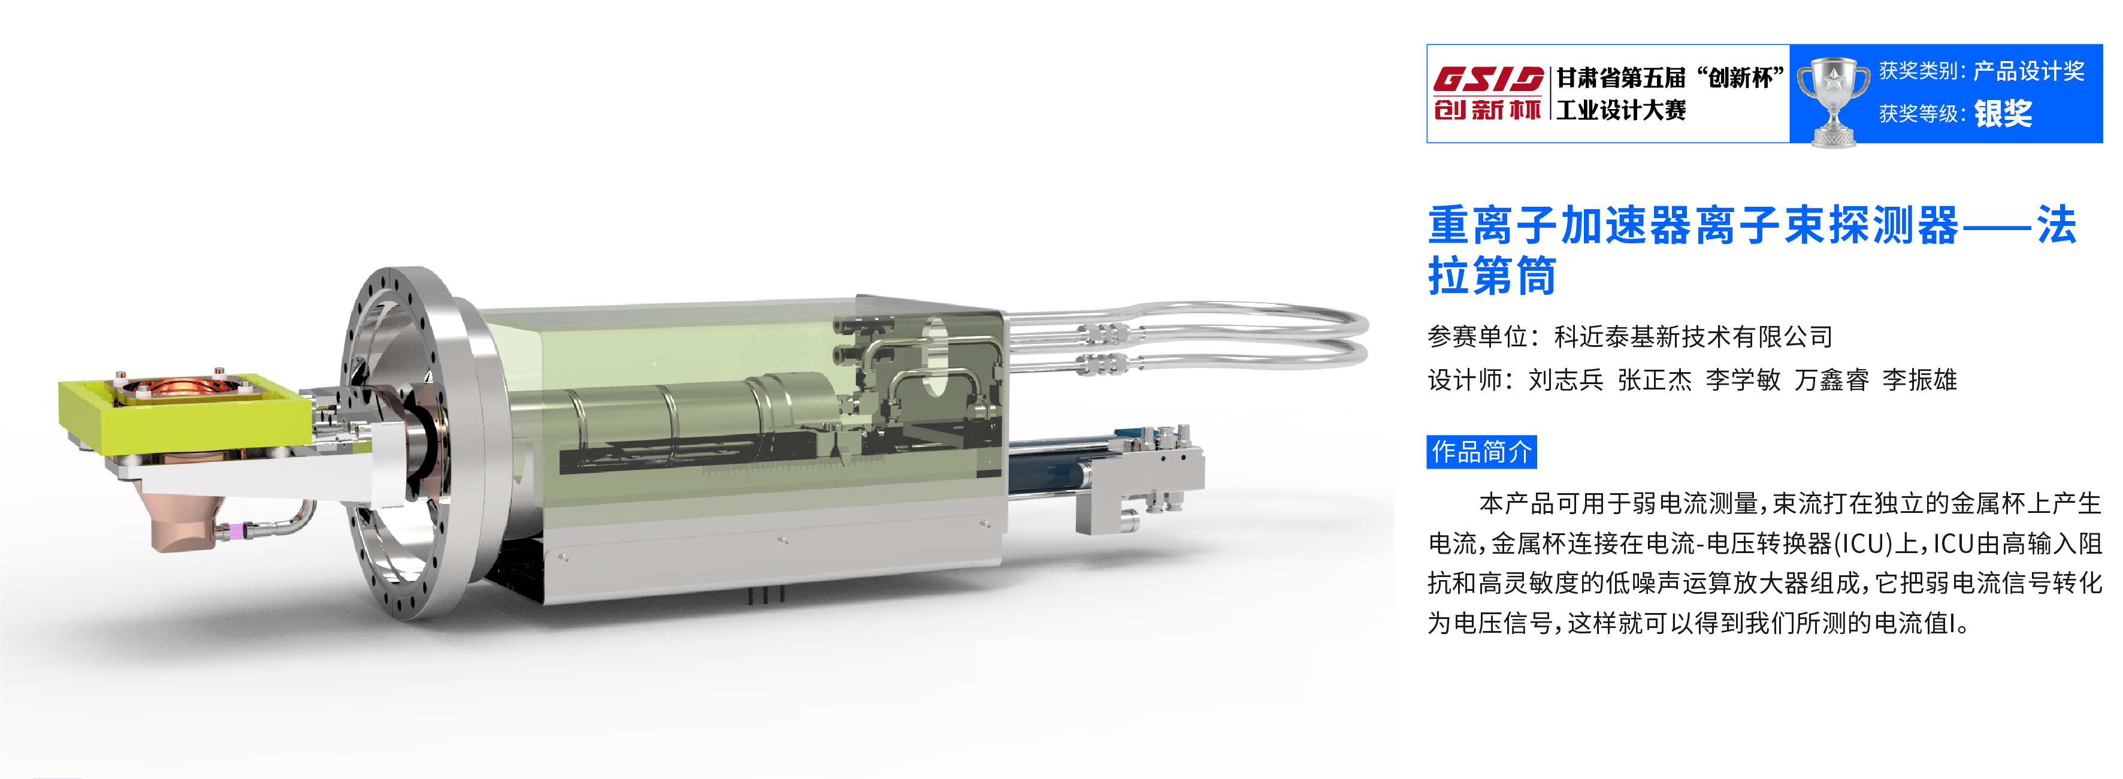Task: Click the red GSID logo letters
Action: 1487,79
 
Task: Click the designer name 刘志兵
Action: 1566,380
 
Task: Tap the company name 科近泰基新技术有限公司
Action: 1693,336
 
